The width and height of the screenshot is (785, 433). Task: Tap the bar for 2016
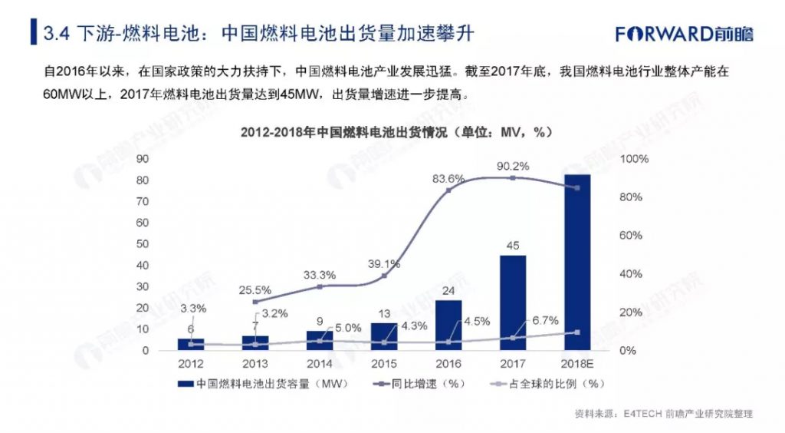coord(449,325)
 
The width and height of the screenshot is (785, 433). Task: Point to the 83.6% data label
coord(448,178)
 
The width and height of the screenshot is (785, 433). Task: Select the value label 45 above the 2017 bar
coord(513,246)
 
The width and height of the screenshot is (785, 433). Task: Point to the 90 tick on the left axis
coord(142,159)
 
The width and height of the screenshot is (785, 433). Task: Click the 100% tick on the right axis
coord(636,159)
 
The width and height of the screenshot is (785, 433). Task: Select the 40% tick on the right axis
coord(633,274)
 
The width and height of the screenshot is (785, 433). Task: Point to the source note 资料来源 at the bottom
coord(663,414)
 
